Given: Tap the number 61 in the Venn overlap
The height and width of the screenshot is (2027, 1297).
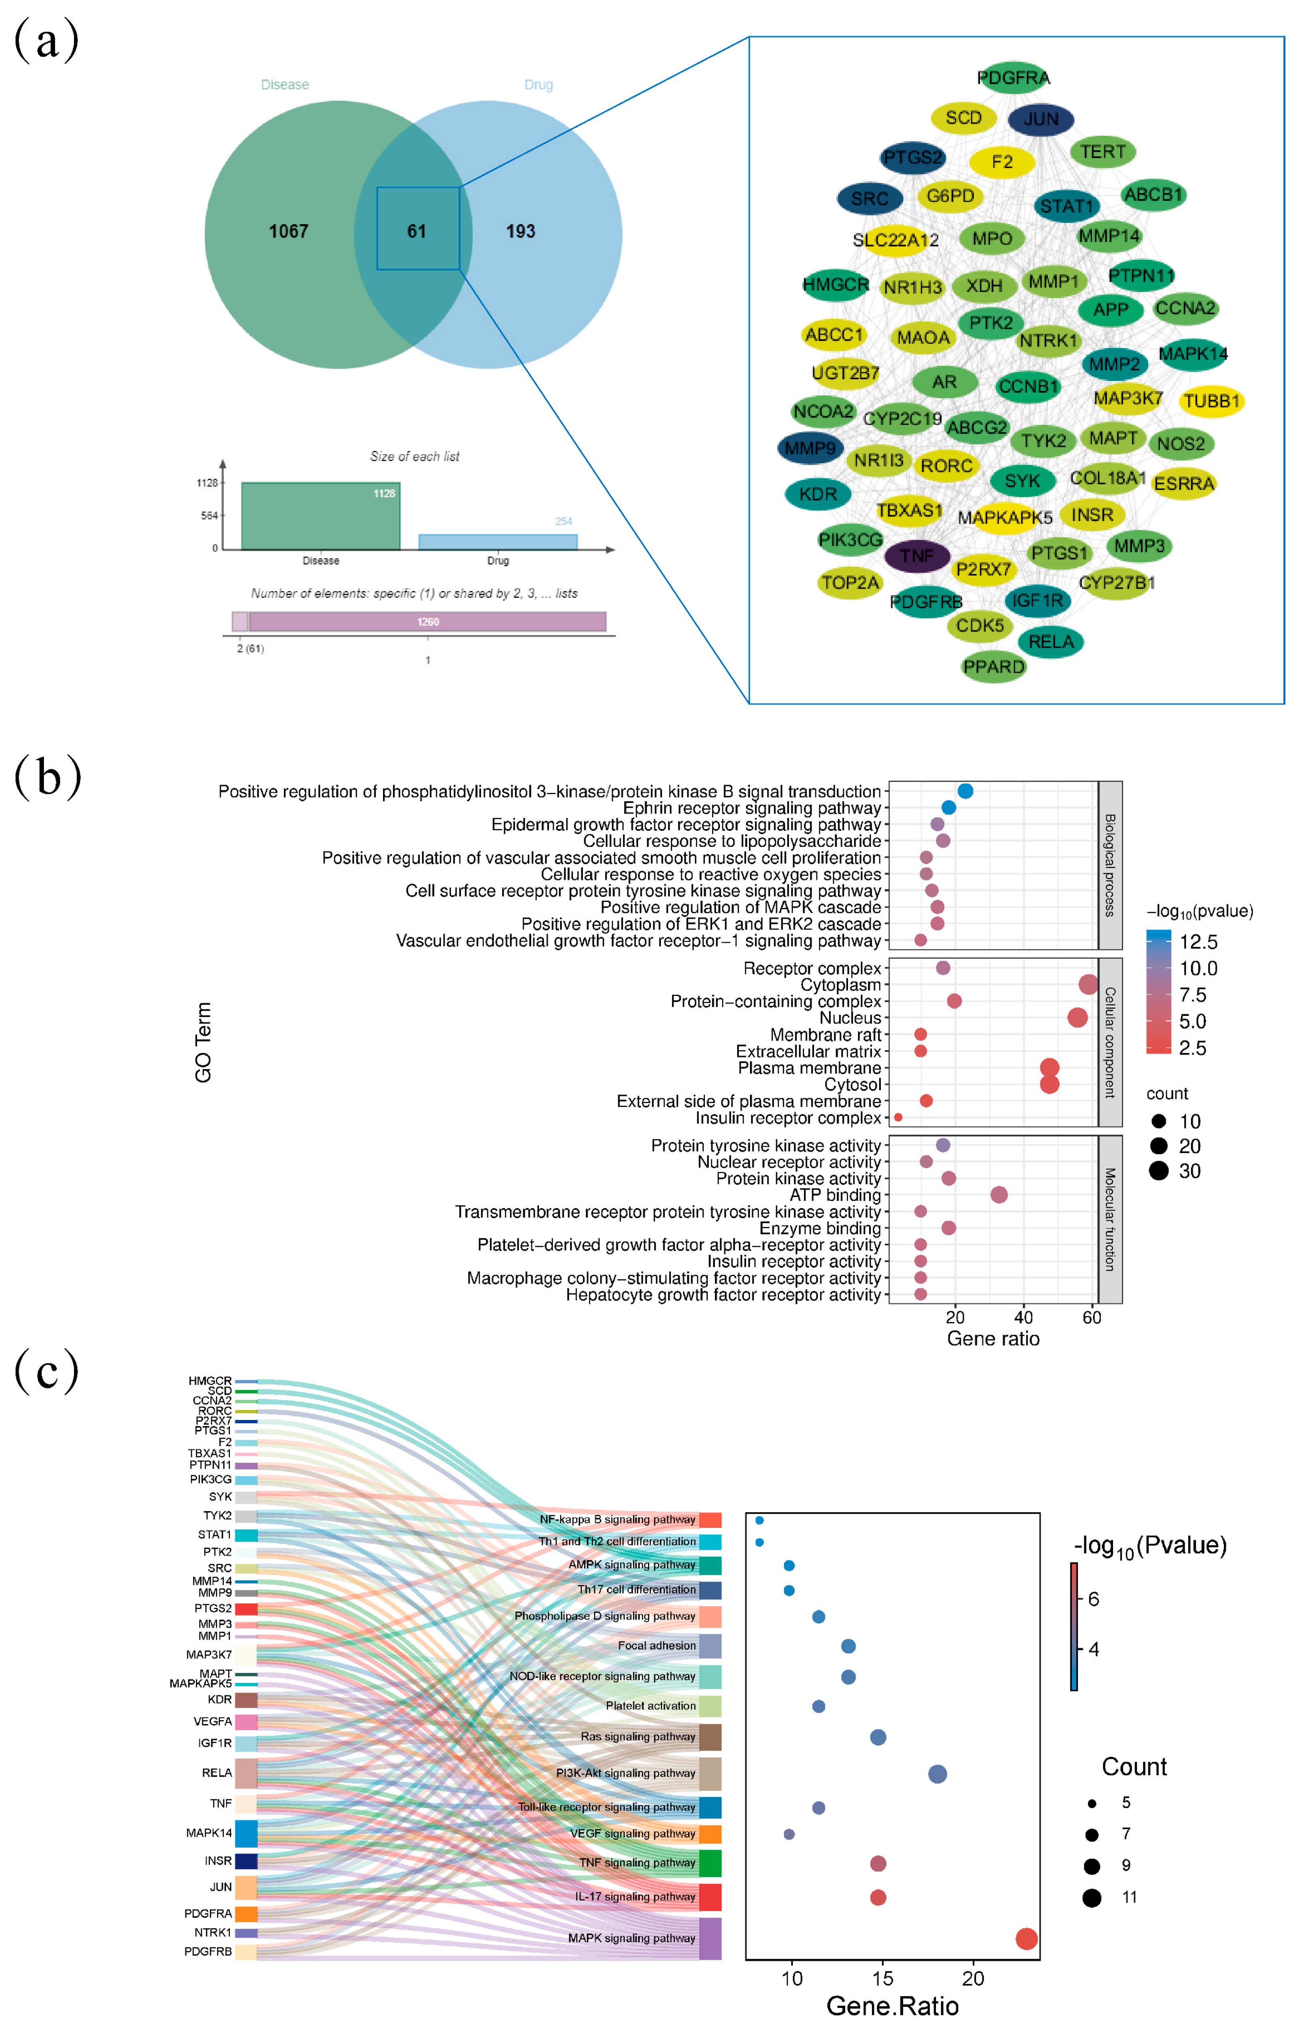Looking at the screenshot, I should click(x=417, y=231).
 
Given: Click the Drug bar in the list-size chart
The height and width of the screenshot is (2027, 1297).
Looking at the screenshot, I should click(x=498, y=542).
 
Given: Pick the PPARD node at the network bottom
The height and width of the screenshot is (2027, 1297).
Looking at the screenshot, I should click(x=994, y=667).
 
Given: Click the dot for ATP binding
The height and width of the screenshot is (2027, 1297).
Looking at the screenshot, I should click(x=999, y=1195).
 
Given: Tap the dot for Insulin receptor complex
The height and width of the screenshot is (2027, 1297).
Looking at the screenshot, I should click(x=898, y=1117).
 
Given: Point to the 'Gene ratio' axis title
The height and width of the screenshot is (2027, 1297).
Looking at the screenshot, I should click(x=993, y=1338).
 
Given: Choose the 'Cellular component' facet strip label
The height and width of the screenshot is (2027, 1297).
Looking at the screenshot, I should click(x=1110, y=1042).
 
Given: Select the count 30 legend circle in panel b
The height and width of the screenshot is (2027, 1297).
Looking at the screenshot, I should click(x=1159, y=1171).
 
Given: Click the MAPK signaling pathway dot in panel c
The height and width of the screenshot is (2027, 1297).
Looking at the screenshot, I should click(x=1026, y=1939).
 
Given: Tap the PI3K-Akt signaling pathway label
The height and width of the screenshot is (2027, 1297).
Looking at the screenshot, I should click(x=625, y=1773).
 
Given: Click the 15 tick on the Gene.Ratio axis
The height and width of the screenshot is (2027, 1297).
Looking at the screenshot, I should click(x=883, y=1978).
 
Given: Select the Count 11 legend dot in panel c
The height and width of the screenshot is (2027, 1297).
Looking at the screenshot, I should click(x=1091, y=1898).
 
